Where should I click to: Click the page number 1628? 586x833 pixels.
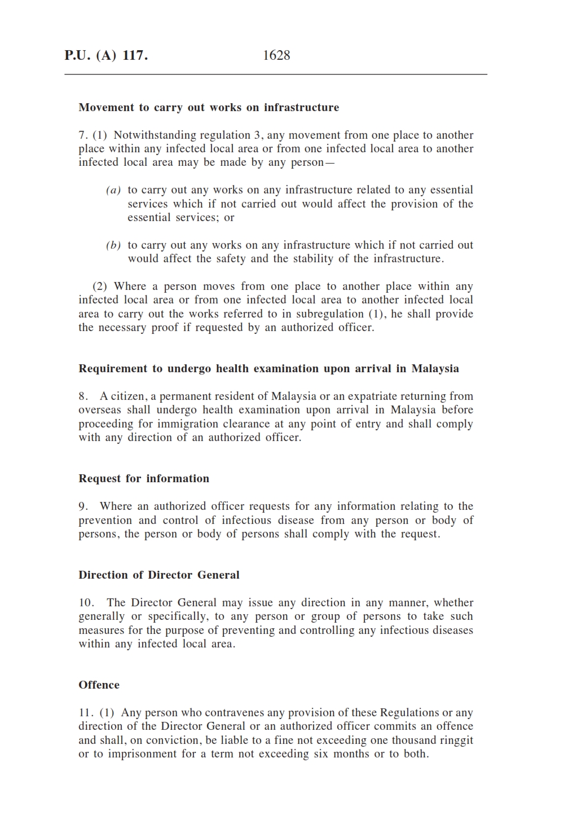point(276,55)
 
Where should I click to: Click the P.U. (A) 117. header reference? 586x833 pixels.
point(106,55)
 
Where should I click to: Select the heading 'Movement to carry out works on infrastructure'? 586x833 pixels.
point(209,108)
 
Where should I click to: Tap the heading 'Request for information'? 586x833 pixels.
point(144,479)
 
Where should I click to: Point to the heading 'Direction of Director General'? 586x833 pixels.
point(159,575)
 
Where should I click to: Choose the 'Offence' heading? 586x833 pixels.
point(99,685)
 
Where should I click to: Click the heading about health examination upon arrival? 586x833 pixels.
point(268,369)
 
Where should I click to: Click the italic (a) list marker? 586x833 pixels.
point(113,191)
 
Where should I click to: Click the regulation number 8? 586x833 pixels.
point(82,396)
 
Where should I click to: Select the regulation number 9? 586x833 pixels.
point(82,506)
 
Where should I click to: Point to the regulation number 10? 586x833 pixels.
point(86,603)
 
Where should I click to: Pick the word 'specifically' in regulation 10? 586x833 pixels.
point(177,616)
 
